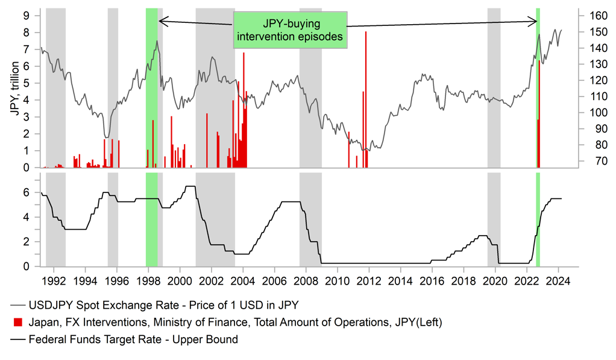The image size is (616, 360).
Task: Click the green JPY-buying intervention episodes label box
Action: point(290,30)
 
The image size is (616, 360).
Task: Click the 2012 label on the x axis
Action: point(369,280)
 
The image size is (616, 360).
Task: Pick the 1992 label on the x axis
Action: point(54,280)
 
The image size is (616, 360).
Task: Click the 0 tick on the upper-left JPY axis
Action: point(27,168)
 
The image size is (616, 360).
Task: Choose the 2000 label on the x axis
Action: point(180,280)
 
